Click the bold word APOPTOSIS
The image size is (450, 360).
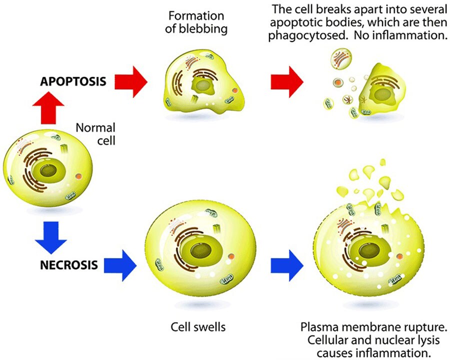pos(72,81)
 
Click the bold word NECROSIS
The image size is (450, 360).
pos(68,264)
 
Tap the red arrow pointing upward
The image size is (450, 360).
pos(49,107)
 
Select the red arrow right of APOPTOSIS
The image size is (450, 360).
pos(131,80)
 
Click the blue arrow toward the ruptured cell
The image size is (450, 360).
pos(286,263)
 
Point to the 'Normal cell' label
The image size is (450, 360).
pos(95,133)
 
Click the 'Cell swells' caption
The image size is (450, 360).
pos(198,328)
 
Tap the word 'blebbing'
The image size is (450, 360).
pos(196,28)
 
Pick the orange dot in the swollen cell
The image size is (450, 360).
pos(230,256)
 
